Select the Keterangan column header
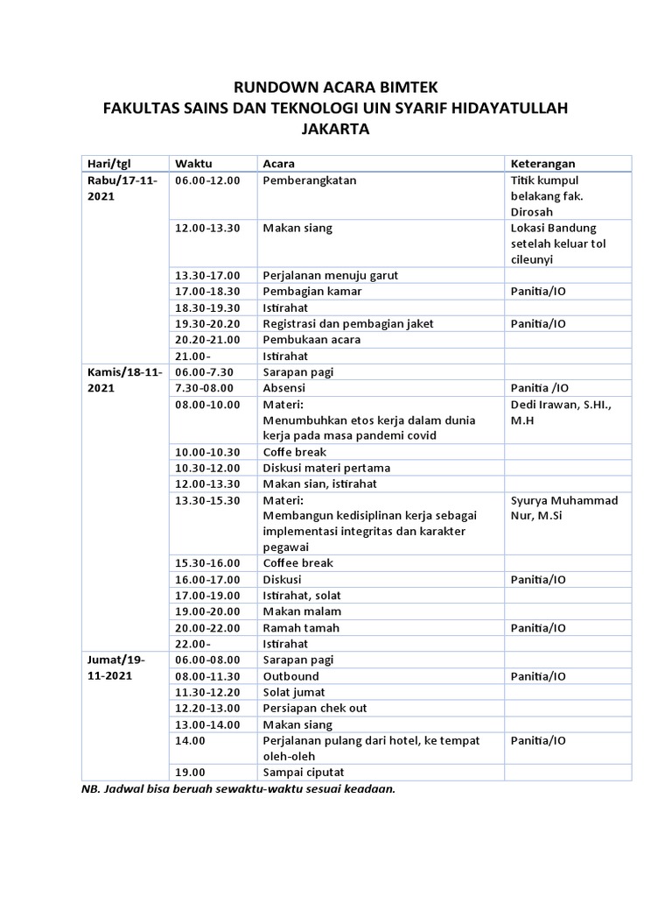pyautogui.click(x=542, y=164)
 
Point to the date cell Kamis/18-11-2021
pyautogui.click(x=122, y=379)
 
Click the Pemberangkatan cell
pyautogui.click(x=310, y=180)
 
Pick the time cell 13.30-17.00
pyautogui.click(x=207, y=275)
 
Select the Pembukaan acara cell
pyautogui.click(x=311, y=339)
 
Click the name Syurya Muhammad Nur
pyautogui.click(x=563, y=508)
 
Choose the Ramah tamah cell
pyautogui.click(x=301, y=627)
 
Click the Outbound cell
pyautogui.click(x=291, y=676)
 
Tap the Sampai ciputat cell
pyautogui.click(x=304, y=772)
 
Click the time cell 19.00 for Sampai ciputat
pyautogui.click(x=190, y=772)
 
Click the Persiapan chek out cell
pyautogui.click(x=315, y=708)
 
